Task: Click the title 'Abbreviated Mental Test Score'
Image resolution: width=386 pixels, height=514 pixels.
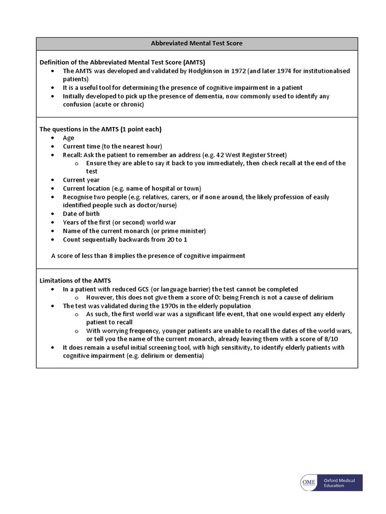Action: click(197, 43)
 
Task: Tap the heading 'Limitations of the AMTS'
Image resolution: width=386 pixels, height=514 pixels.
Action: click(75, 281)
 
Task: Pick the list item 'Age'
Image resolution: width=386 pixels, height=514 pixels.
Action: click(68, 138)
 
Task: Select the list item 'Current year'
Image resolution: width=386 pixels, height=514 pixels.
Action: click(81, 180)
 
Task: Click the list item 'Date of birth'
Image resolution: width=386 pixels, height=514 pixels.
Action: click(81, 214)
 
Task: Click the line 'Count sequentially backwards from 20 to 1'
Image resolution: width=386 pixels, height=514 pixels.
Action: click(125, 239)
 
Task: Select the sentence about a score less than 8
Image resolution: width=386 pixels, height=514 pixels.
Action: click(148, 255)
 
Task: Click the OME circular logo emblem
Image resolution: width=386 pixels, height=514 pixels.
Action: click(308, 483)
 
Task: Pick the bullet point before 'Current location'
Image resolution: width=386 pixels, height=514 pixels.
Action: click(53, 189)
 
